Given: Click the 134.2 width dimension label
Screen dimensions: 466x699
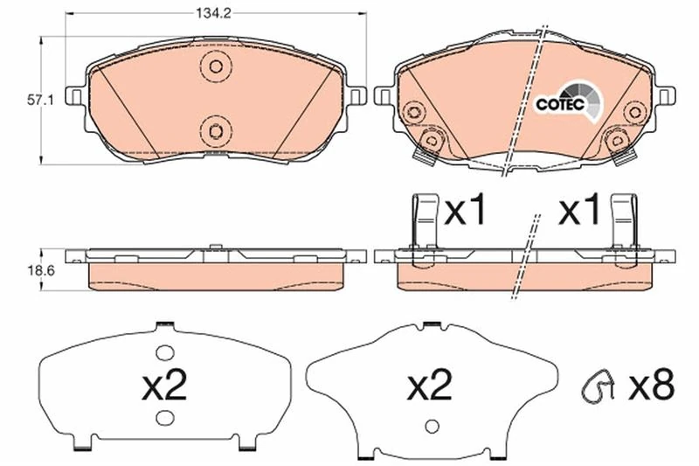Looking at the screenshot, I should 214,12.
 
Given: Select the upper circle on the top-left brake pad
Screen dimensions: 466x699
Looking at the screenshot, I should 213,66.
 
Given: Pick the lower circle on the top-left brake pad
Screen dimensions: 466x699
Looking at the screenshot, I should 213,130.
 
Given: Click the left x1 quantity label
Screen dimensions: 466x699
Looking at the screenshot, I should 465,211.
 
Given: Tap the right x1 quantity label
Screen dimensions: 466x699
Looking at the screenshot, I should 578,211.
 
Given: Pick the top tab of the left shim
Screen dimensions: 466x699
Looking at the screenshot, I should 161,327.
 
